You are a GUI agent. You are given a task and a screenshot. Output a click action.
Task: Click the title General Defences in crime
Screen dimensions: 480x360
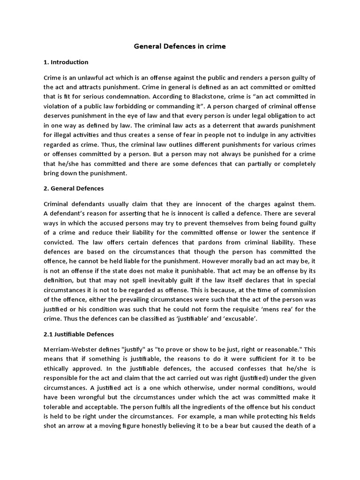(180, 46)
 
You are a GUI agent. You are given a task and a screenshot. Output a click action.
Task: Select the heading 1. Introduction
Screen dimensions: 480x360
(66, 62)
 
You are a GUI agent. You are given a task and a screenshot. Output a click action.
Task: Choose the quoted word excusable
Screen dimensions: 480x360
(241, 319)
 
